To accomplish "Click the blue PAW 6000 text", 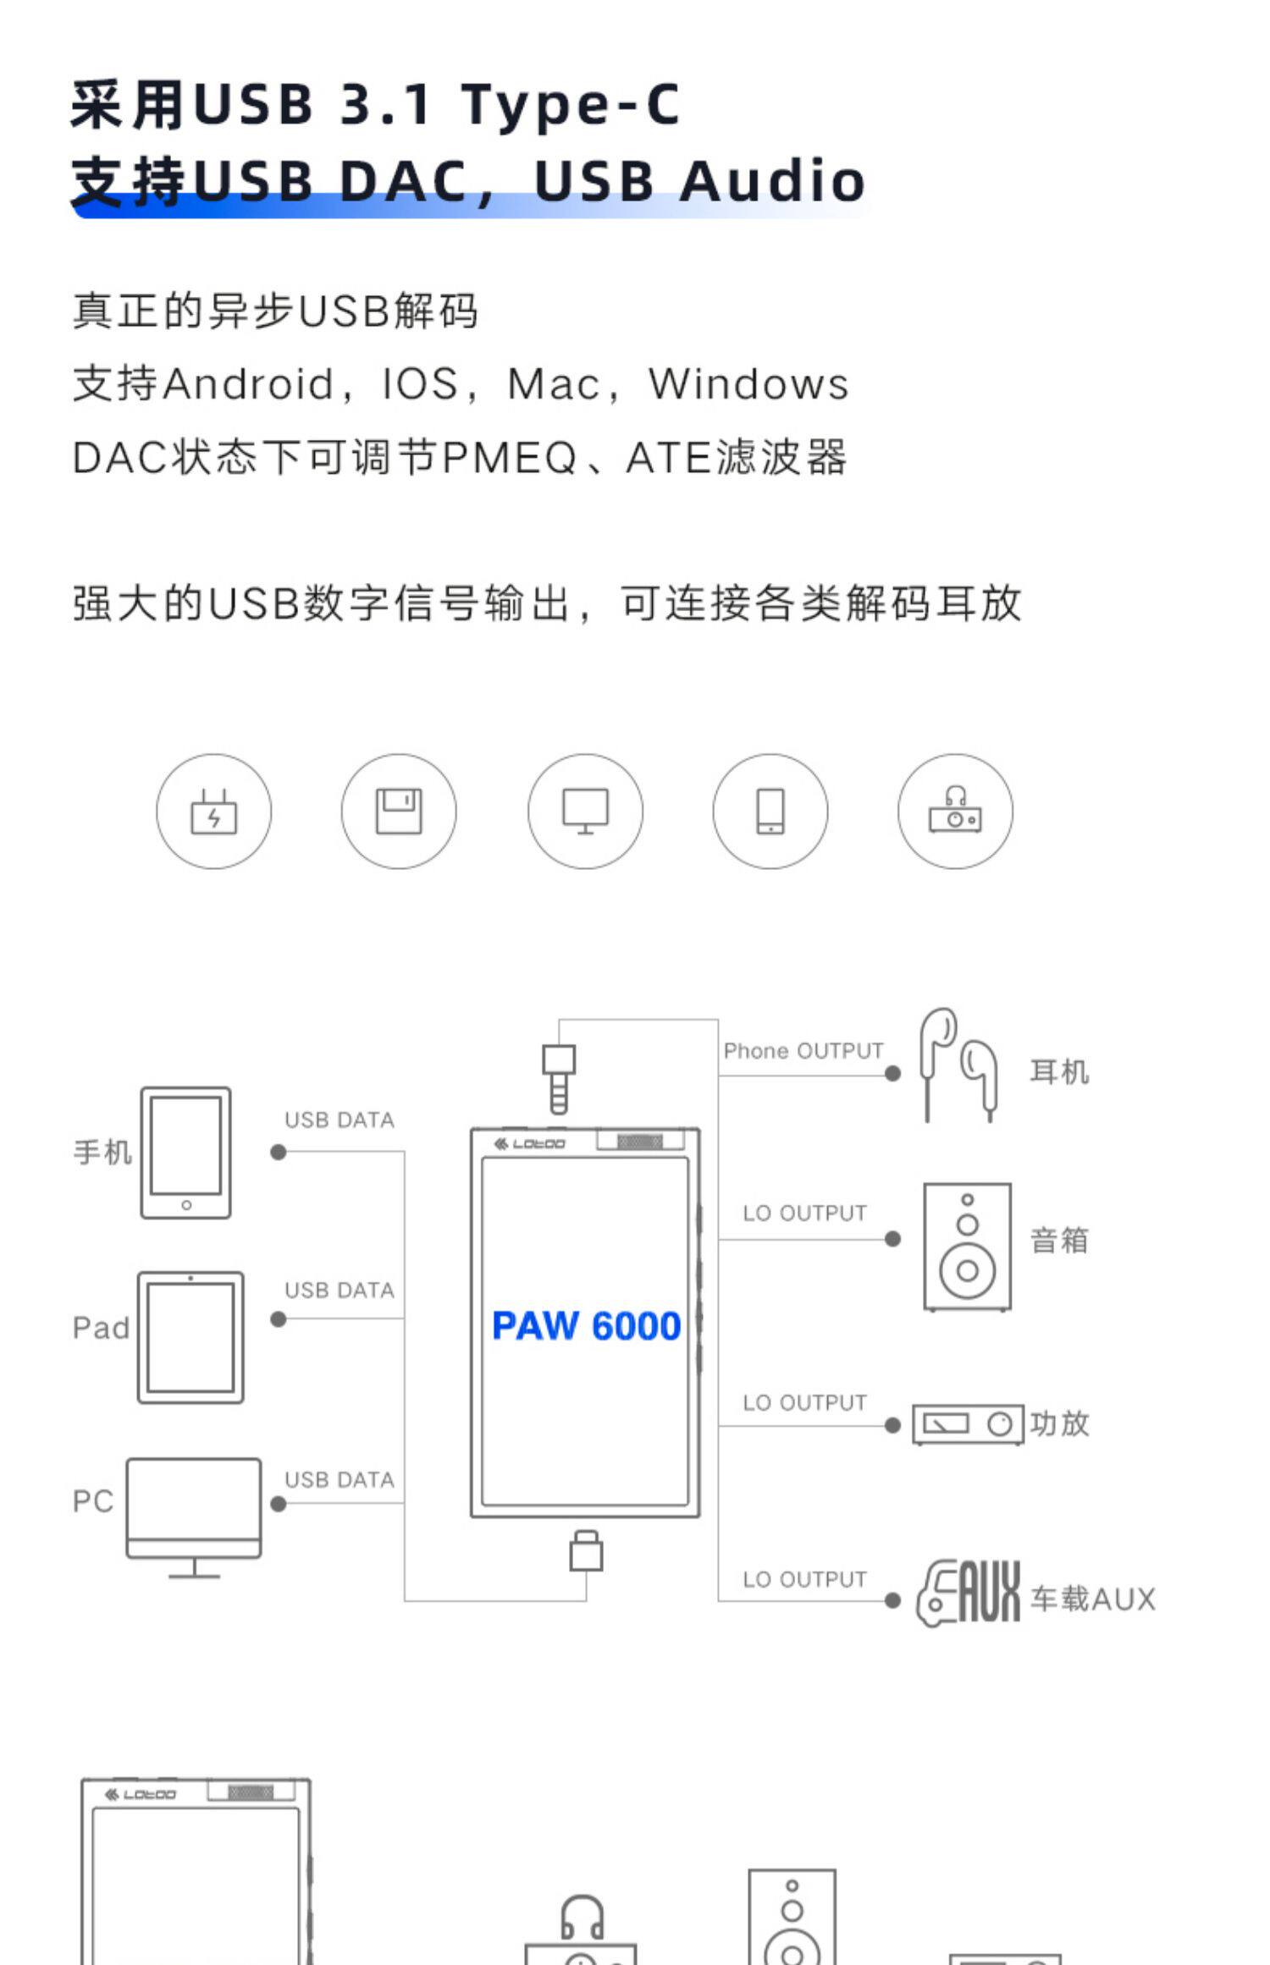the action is (x=586, y=1326).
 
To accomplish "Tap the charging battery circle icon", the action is (x=214, y=812).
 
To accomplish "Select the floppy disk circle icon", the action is (x=399, y=812).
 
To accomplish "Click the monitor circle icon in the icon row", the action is (x=585, y=812).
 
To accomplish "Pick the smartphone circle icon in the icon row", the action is (x=770, y=812).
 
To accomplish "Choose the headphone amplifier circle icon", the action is (x=955, y=812).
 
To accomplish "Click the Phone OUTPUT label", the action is (x=803, y=1051).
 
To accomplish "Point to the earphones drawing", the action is (x=958, y=1065).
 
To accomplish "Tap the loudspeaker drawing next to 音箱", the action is (x=967, y=1247).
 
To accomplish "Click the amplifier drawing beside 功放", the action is (x=968, y=1424).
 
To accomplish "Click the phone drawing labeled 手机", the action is (x=185, y=1153).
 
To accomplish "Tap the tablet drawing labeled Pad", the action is (x=190, y=1337).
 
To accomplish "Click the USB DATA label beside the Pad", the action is (x=340, y=1291).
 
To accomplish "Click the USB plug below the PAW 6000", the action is (x=586, y=1551).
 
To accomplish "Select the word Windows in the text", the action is (x=748, y=384).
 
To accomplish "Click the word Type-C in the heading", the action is (x=570, y=105).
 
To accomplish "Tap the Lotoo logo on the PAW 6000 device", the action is (x=530, y=1144).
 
